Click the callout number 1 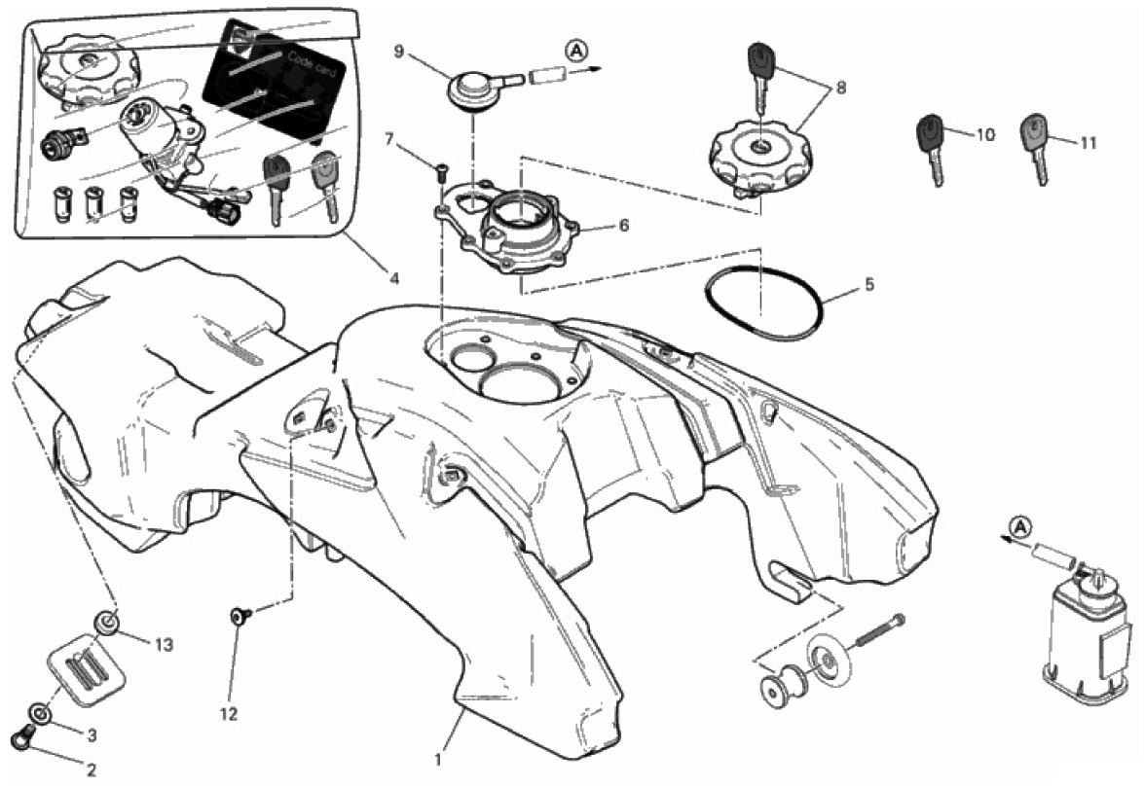[x=438, y=760]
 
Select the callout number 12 [x=229, y=714]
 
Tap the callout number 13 [x=165, y=644]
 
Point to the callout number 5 [x=868, y=283]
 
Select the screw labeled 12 [x=240, y=617]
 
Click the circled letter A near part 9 [x=577, y=50]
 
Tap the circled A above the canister [x=1021, y=524]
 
